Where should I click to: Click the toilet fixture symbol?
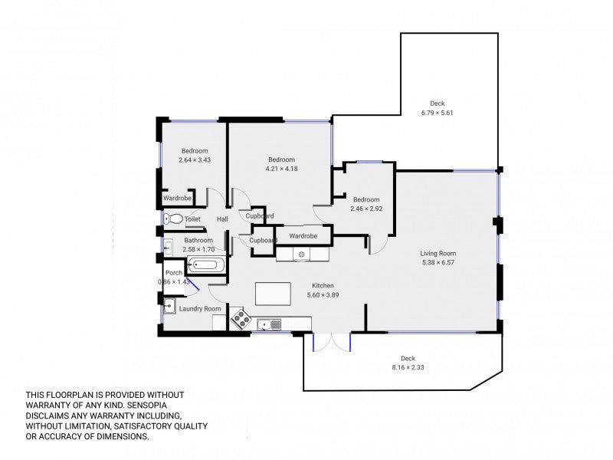(x=174, y=219)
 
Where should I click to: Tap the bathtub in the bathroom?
(x=206, y=264)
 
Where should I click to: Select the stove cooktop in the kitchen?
(x=241, y=318)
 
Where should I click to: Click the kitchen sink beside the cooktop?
(x=269, y=324)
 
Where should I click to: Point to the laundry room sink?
(x=169, y=305)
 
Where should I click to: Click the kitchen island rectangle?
(x=273, y=294)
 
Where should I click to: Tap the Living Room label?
(x=438, y=253)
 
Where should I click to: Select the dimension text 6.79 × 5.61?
(x=437, y=113)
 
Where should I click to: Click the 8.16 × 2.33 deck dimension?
(x=408, y=367)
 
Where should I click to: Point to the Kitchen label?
(x=323, y=285)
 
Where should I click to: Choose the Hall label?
(x=222, y=219)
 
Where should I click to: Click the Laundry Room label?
(x=200, y=309)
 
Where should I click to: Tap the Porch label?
(x=174, y=273)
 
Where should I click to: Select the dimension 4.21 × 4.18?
(x=281, y=169)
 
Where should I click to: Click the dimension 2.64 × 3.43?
(x=195, y=160)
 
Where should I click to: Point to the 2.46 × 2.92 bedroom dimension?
(x=366, y=209)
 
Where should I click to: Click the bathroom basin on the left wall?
(x=168, y=247)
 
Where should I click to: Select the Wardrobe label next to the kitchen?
(x=303, y=236)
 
